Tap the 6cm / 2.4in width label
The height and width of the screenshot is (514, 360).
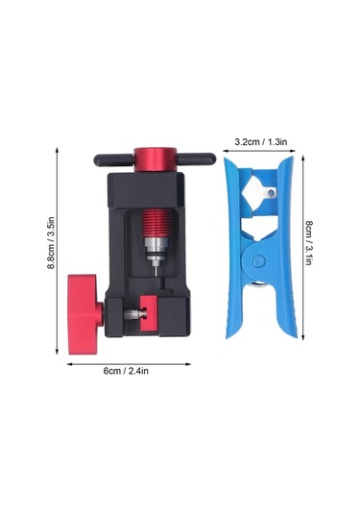(126, 371)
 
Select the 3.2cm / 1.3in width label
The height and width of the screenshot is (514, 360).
(261, 141)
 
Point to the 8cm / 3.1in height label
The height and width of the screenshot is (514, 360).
(308, 243)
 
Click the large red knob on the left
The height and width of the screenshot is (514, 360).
(84, 314)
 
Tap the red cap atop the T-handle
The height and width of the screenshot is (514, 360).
(155, 159)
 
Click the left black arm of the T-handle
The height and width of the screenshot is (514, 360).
(113, 159)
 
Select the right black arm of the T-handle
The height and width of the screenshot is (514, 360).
(196, 159)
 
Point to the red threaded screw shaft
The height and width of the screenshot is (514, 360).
(156, 223)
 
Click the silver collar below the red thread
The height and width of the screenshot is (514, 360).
(156, 249)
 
